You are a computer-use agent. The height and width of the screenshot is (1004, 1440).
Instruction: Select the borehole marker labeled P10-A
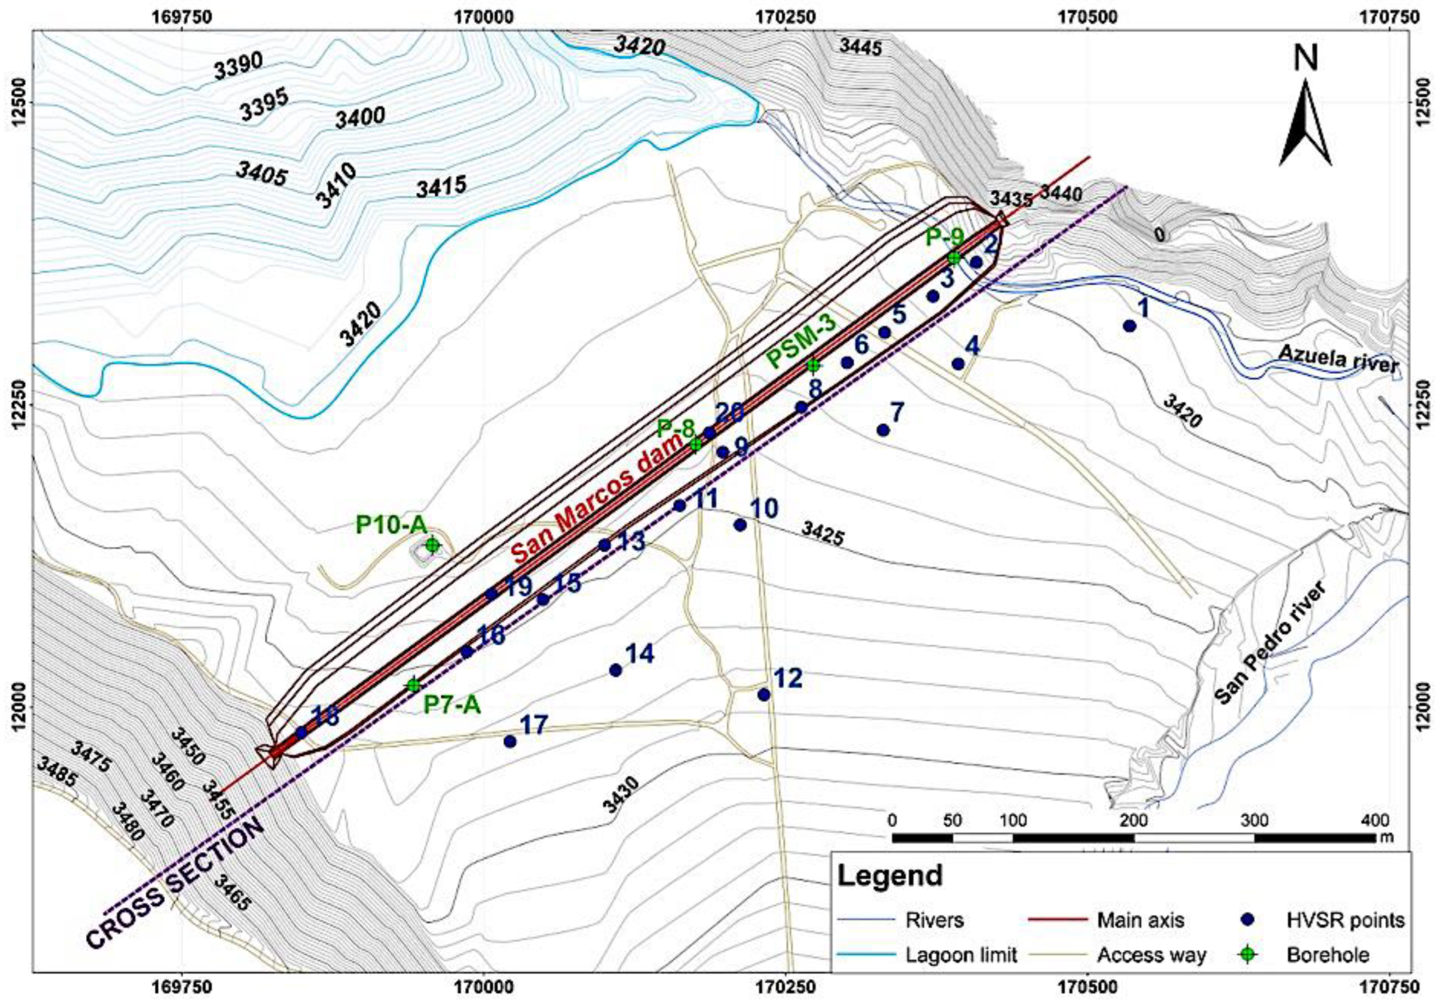tap(432, 545)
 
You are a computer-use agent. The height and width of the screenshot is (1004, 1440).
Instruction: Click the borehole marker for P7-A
tap(413, 685)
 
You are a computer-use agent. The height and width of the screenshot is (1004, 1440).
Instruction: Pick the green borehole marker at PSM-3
tap(814, 365)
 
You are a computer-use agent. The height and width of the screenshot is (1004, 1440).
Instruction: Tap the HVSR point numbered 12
tap(763, 694)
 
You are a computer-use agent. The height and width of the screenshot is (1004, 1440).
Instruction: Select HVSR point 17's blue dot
tap(510, 741)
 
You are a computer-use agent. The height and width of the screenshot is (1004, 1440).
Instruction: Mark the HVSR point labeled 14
tap(615, 670)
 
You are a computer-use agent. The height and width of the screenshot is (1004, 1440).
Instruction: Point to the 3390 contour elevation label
tap(238, 67)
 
